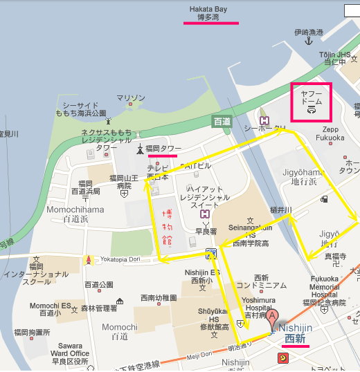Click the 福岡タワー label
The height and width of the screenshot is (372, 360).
pyautogui.click(x=163, y=148)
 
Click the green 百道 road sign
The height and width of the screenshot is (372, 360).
pyautogui.click(x=222, y=121)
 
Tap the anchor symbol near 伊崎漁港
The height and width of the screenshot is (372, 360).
pyautogui.click(x=309, y=42)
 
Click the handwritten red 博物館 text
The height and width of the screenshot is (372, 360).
pyautogui.click(x=170, y=224)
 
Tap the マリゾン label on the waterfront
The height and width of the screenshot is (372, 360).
pyautogui.click(x=131, y=98)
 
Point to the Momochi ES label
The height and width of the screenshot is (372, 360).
pyautogui.click(x=51, y=305)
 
